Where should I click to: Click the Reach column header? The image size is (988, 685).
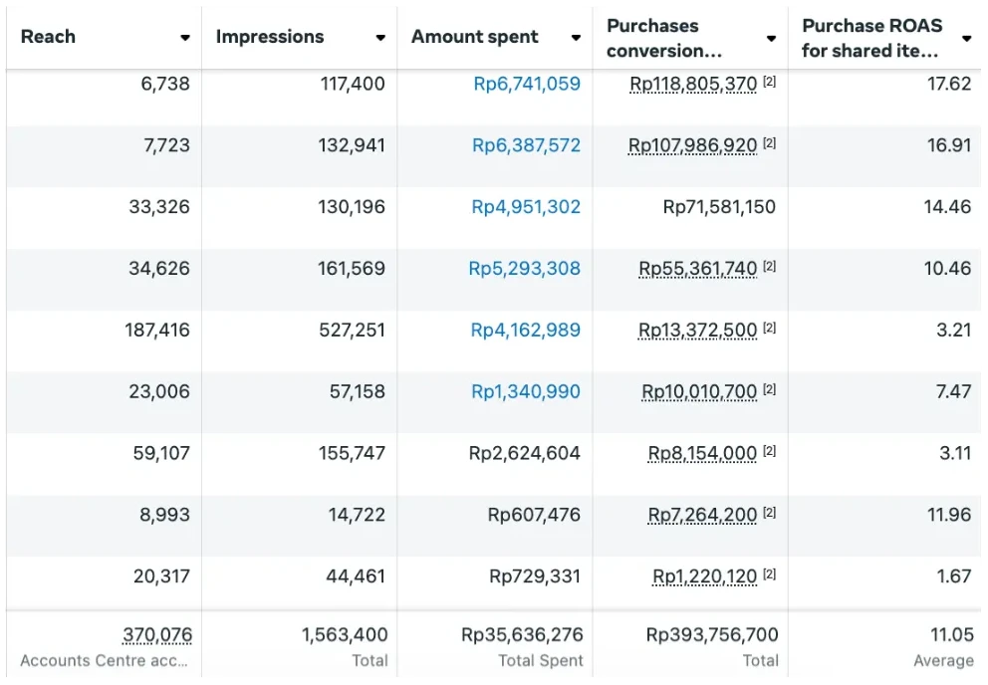click(48, 37)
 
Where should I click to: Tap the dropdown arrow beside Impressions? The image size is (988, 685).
click(380, 38)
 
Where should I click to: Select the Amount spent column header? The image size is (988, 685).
click(474, 37)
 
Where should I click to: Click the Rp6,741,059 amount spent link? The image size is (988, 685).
click(526, 84)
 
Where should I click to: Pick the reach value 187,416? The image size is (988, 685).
click(157, 330)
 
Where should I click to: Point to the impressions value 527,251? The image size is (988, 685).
click(352, 330)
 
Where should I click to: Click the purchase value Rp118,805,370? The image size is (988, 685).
click(693, 84)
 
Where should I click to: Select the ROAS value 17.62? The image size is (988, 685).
click(948, 84)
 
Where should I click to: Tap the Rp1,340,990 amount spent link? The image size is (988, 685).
click(526, 391)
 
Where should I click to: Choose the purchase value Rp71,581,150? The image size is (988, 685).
click(719, 207)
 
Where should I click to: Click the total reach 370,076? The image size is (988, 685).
click(157, 634)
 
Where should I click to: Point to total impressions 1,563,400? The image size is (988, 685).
click(345, 634)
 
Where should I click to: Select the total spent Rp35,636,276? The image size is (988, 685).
click(522, 634)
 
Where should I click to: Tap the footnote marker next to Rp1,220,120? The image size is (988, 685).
click(769, 574)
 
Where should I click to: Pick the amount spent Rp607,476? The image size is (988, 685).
click(534, 515)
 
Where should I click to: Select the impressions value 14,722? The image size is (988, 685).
click(357, 515)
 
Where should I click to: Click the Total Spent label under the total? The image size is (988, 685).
click(541, 660)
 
